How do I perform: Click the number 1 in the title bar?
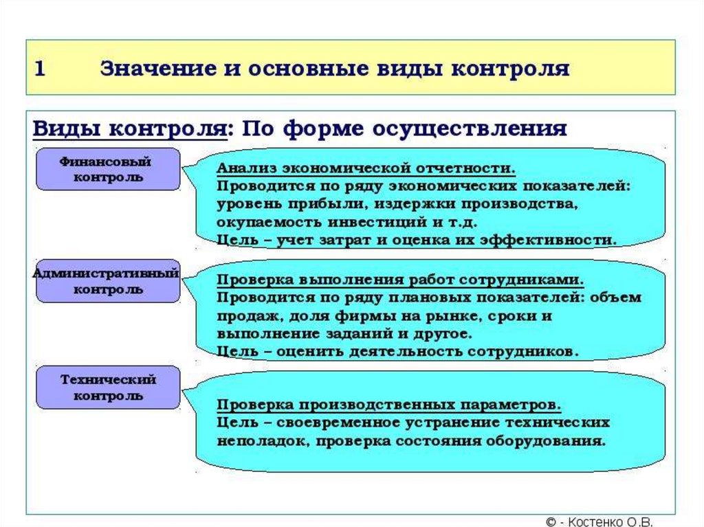40,69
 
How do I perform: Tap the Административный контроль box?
107,280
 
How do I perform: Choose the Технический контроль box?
109,388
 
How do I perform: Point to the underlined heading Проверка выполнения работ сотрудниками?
401,280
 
